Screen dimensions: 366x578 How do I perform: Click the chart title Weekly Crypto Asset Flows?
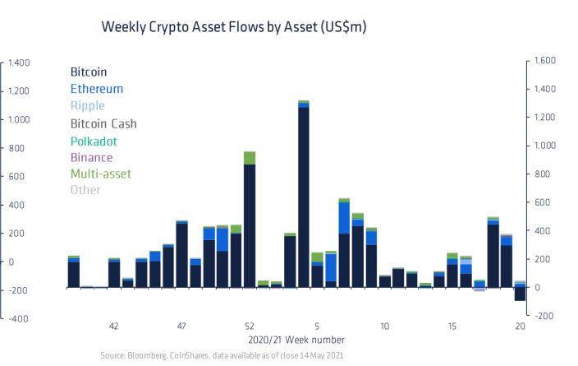coord(233,27)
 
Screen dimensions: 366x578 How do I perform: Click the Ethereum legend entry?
coord(97,89)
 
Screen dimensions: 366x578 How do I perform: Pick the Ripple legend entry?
coord(89,106)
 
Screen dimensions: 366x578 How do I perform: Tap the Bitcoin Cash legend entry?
coord(103,123)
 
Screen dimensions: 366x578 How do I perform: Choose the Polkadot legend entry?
coord(94,141)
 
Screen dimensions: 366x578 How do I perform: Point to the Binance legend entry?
coord(92,157)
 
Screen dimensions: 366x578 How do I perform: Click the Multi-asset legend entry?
coord(100,174)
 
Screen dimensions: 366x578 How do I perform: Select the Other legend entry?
coord(85,190)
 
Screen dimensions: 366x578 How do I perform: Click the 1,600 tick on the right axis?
coord(546,61)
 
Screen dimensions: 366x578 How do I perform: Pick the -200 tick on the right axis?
coord(545,316)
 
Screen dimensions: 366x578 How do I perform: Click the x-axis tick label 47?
coord(181,327)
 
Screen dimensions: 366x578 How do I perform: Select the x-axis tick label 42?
coord(114,327)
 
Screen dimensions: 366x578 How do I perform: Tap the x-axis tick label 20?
coord(519,327)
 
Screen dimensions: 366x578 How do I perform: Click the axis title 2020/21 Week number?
coord(296,340)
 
